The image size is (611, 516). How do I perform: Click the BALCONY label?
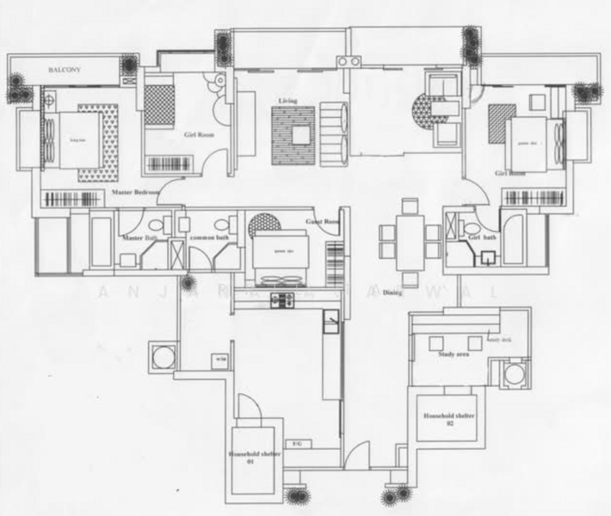click(64, 69)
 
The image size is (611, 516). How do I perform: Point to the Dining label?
click(392, 293)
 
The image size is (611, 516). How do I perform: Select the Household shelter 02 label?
click(448, 419)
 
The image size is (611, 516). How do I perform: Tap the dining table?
click(410, 234)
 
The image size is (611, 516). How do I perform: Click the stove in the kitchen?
click(283, 300)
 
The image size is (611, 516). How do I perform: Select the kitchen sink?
click(330, 322)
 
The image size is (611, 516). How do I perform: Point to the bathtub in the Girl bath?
click(514, 240)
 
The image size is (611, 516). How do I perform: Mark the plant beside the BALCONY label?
click(128, 65)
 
